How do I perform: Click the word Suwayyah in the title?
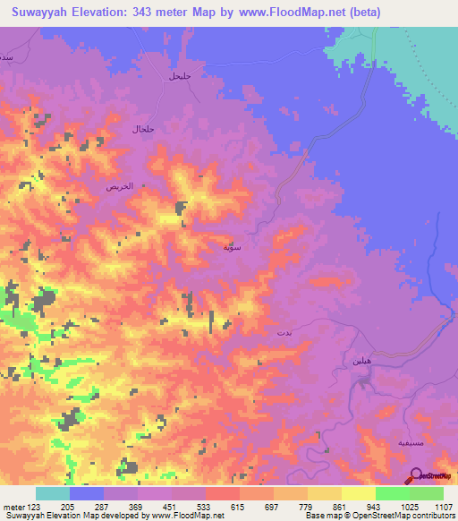point(45,13)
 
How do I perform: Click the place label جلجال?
point(143,130)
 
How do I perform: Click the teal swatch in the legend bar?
point(52,493)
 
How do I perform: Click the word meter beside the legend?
point(12,506)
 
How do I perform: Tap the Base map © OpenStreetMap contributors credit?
point(378,517)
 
